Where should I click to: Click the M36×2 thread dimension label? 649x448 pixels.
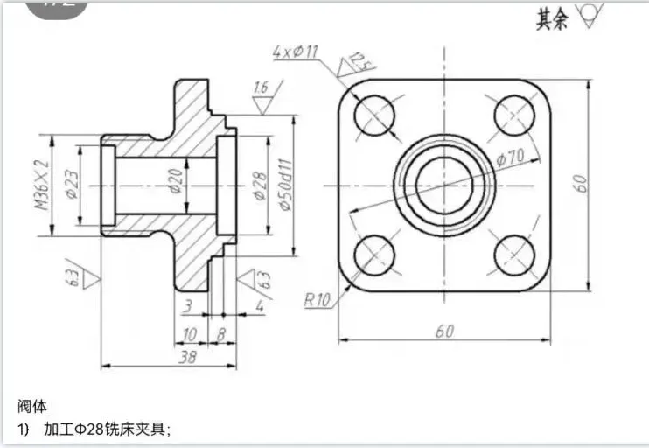(x=42, y=185)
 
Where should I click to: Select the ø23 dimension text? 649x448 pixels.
(x=72, y=185)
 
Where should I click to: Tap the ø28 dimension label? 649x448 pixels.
(x=259, y=185)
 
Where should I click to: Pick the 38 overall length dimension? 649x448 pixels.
(x=186, y=357)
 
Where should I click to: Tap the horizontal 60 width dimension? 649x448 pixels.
(x=445, y=330)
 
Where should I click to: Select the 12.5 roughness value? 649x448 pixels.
(x=356, y=61)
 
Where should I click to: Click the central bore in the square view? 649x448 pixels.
(x=443, y=185)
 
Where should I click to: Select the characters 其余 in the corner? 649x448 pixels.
(x=553, y=17)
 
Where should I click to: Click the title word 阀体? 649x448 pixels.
(x=32, y=406)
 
